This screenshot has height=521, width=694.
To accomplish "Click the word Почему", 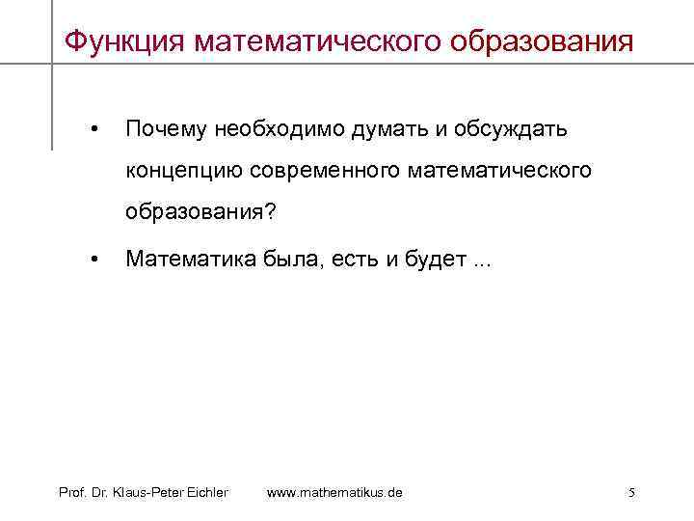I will [168, 128].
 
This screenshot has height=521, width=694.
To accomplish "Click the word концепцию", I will [184, 170].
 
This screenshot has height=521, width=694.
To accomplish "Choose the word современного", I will [325, 170].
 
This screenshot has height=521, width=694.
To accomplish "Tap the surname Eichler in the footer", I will [206, 492].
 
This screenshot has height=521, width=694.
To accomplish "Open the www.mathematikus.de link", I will [334, 492].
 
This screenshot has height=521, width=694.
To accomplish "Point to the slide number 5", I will [631, 492].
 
